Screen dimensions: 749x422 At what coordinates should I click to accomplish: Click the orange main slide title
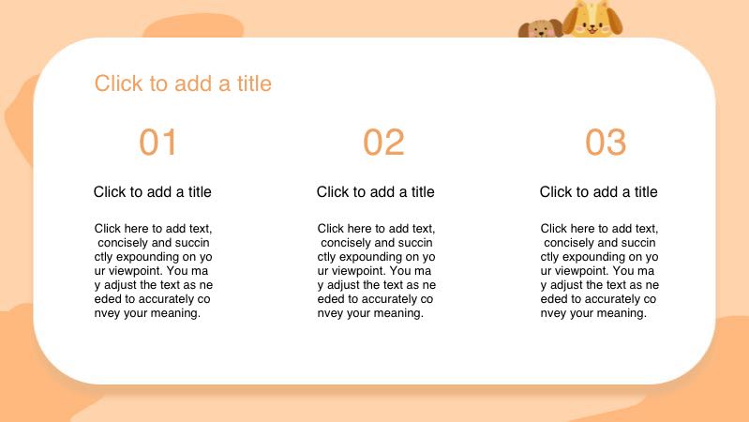coord(183,83)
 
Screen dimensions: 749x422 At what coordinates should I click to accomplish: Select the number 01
coord(158,142)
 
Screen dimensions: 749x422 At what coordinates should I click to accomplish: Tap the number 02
coord(383,142)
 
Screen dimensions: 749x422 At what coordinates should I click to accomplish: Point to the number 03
coord(606,142)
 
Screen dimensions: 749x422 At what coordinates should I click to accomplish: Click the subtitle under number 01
coord(153,191)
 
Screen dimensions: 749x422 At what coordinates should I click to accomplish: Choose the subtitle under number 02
coord(376,191)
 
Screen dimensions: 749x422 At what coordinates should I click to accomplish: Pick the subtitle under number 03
coord(598,191)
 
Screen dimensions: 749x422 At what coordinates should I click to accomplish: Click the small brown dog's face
coord(541,29)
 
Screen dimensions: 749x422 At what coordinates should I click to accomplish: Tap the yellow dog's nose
coord(592,27)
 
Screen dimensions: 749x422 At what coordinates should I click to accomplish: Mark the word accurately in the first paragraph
coord(167,299)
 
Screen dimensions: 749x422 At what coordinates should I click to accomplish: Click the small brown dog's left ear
coord(523,30)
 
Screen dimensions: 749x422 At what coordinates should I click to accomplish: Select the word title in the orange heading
coord(254,83)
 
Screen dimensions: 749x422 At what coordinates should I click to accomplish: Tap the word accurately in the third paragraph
coord(613,299)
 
